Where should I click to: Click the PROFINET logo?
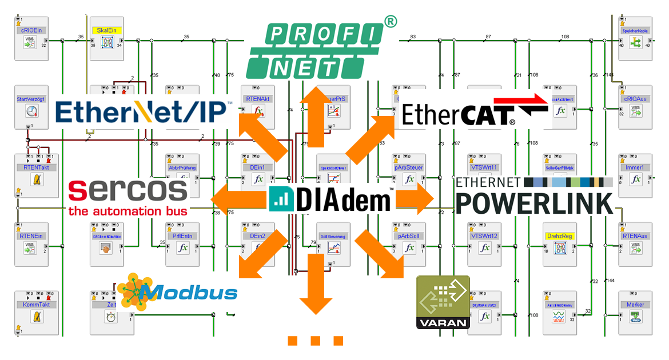coord(314,50)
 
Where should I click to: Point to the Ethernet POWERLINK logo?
coord(534,195)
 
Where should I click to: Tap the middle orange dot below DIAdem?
coord(315,341)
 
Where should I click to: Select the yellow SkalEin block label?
coord(108,30)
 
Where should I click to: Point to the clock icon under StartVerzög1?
coord(31,112)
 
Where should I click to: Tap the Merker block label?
coord(635,305)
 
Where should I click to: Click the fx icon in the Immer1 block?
coord(635,179)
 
